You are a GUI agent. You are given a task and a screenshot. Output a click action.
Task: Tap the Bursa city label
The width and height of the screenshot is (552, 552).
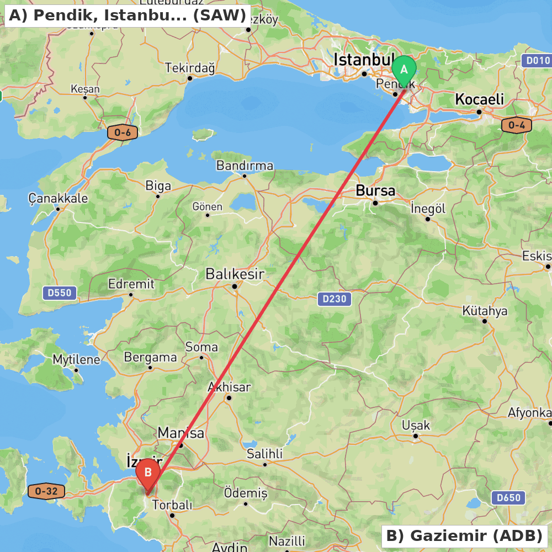[375, 191]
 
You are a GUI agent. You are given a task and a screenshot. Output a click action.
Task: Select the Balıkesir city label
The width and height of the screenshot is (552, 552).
[235, 274]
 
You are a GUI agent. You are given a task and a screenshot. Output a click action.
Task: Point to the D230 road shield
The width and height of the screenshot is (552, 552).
[334, 299]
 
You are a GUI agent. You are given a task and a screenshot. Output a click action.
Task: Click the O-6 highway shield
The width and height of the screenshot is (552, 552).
[122, 132]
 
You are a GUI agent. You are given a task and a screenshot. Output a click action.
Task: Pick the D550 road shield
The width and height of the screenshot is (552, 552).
[60, 293]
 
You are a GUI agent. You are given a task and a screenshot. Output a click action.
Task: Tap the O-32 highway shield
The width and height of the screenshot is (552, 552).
[46, 491]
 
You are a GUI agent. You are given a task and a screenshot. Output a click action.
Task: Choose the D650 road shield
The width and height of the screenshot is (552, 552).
[508, 498]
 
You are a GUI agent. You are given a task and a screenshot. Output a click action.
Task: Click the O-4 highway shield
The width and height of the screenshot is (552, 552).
[517, 125]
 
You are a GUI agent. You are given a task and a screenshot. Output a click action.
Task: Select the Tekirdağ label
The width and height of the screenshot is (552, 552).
[190, 68]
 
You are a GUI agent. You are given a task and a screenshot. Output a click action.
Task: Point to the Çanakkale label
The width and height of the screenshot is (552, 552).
[58, 198]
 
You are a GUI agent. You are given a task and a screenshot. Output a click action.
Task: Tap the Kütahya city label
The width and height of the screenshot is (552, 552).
[485, 311]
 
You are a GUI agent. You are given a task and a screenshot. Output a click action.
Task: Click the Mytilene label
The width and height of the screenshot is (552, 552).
[77, 360]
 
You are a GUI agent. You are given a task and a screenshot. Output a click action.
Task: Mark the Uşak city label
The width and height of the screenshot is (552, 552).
[416, 426]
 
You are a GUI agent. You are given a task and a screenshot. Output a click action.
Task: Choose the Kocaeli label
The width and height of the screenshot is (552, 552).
[479, 99]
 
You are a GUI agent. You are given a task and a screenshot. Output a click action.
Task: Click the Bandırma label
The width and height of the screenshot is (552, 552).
[245, 166]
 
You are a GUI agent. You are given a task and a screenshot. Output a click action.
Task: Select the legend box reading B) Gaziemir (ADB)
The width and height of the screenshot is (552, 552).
[464, 536]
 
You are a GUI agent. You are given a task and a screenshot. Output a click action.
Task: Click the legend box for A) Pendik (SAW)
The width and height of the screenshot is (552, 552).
[127, 15]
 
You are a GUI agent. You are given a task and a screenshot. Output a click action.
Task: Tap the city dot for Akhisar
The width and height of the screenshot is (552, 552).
[229, 397]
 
